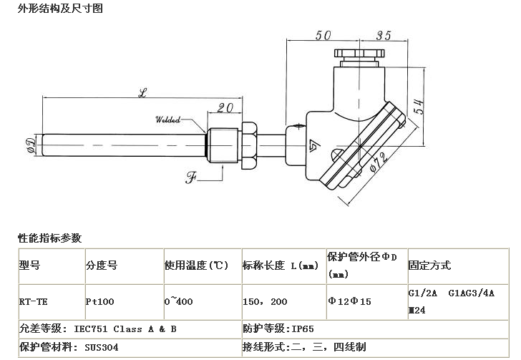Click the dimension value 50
click(x=323, y=34)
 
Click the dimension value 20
click(x=226, y=108)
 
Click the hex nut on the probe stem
click(x=250, y=143)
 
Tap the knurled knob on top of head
click(x=359, y=56)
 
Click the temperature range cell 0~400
click(x=179, y=302)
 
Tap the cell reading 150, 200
click(x=265, y=302)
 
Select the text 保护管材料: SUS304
click(x=61, y=347)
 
